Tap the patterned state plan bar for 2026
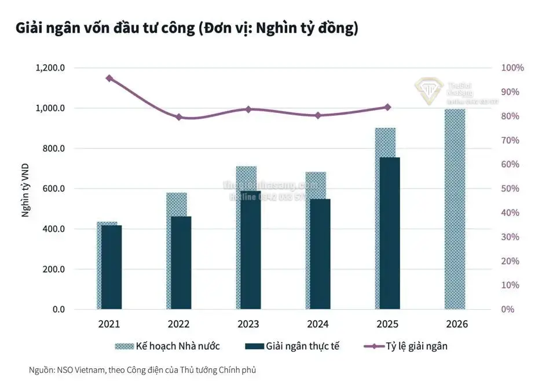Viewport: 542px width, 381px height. point(455,209)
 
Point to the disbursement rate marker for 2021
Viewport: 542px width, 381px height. point(109,78)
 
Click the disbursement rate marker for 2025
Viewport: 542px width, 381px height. point(387,107)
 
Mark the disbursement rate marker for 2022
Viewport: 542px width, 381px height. point(178,117)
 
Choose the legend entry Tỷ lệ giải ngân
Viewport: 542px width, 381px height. point(405,346)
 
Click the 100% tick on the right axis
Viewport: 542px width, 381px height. point(512,68)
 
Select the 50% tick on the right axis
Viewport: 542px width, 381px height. point(510,189)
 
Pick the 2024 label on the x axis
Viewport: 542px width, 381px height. point(317,324)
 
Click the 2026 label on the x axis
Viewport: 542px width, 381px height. point(456,324)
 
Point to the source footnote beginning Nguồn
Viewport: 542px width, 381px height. point(142,369)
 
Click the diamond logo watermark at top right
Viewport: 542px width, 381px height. point(429,90)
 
